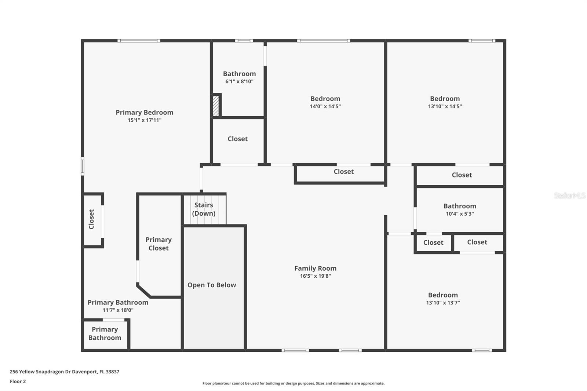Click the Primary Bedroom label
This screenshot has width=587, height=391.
[144, 112]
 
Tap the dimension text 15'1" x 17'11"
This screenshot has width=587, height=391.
[144, 120]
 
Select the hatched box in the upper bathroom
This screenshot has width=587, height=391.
[216, 106]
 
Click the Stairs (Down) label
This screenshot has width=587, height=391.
[204, 209]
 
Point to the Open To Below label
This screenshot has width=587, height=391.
[212, 285]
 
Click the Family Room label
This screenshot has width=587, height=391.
[315, 268]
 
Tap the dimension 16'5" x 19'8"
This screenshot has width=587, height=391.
[315, 276]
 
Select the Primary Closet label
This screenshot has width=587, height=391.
[158, 244]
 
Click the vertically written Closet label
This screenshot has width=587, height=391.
[91, 219]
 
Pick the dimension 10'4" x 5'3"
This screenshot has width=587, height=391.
[460, 214]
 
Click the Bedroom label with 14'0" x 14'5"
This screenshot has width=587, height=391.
[325, 98]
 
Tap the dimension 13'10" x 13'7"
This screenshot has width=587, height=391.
[443, 303]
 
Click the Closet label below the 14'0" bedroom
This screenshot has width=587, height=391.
[343, 171]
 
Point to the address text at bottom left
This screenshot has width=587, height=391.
[65, 372]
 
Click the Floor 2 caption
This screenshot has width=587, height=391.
[18, 381]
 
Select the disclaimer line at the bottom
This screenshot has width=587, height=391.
[293, 383]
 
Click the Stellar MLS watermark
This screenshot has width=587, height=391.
[569, 195]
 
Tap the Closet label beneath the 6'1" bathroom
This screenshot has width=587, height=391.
[237, 139]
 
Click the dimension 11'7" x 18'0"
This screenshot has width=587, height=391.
[118, 310]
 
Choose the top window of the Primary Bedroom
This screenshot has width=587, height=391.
[139, 41]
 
